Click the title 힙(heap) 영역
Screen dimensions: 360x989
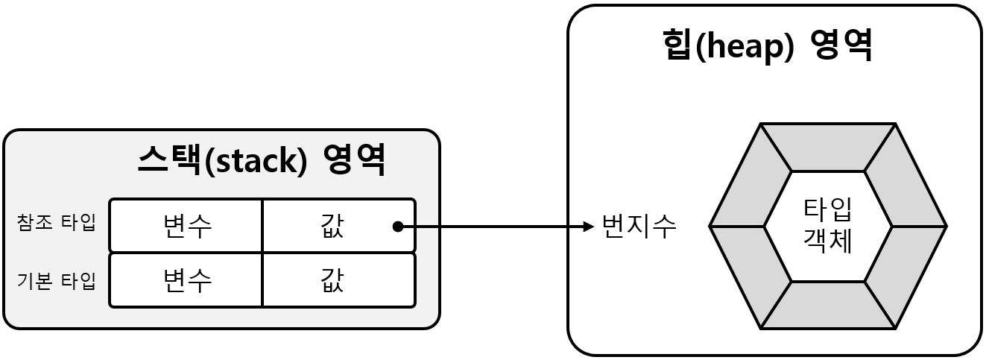[x=767, y=46]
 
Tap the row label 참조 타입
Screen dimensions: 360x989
[x=56, y=224]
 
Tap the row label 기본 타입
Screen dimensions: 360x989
[x=56, y=281]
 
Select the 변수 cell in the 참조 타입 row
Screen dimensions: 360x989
[x=187, y=225]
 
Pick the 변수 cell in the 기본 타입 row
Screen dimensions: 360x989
[x=187, y=280]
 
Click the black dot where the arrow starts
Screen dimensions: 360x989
[x=398, y=226]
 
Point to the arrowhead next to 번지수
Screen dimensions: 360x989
[x=589, y=226]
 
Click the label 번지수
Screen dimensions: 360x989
[x=639, y=226]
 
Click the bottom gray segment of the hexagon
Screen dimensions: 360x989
[x=827, y=305]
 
